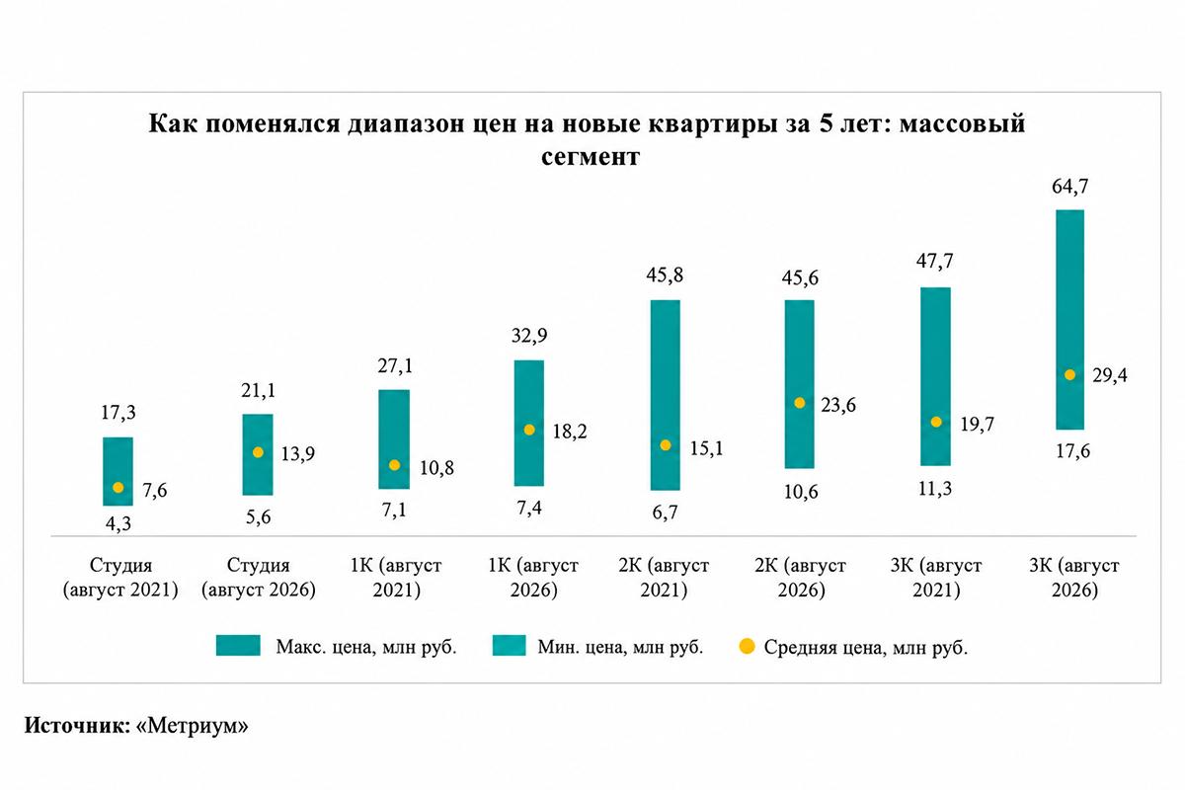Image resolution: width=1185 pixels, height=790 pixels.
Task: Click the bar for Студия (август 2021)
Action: click(118, 471)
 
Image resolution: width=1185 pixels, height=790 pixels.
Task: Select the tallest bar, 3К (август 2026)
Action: click(1069, 320)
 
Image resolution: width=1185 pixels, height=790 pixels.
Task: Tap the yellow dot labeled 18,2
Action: click(529, 430)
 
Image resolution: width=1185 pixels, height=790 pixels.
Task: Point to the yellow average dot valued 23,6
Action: click(799, 403)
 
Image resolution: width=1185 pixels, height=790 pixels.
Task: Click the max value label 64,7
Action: click(1069, 187)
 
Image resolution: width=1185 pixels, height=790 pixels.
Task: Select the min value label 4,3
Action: click(118, 523)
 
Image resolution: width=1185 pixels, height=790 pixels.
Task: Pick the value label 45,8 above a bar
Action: click(665, 276)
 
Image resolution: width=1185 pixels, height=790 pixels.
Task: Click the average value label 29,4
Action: click(1110, 375)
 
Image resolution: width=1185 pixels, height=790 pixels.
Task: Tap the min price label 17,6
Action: click(1072, 451)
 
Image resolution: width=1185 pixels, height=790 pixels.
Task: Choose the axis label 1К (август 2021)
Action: click(396, 578)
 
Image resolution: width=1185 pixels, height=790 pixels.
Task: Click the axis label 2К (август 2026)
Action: click(801, 578)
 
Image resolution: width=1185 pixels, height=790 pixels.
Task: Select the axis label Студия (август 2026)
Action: click(258, 578)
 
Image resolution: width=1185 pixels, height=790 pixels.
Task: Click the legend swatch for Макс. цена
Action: click(238, 646)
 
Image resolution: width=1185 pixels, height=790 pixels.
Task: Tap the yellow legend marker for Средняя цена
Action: click(747, 646)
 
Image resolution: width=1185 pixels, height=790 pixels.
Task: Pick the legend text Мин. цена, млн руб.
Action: click(620, 647)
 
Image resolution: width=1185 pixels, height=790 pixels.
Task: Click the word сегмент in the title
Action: click(591, 157)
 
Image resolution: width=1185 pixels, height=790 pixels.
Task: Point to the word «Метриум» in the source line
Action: click(192, 726)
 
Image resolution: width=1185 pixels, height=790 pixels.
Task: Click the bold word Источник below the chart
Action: click(77, 726)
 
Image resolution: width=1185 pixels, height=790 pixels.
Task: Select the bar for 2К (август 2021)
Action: click(665, 395)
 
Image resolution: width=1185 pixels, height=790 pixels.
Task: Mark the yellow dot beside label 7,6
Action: click(118, 488)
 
